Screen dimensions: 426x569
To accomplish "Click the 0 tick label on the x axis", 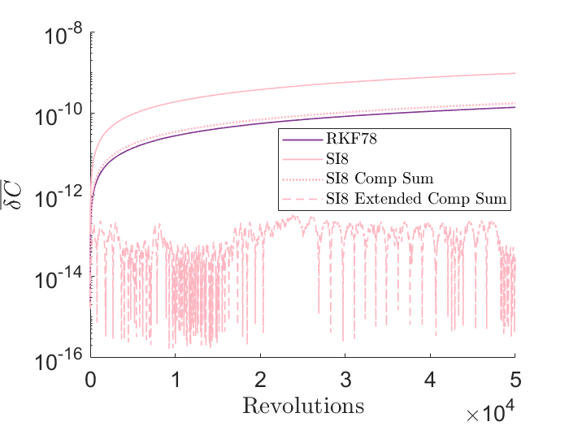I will pyautogui.click(x=90, y=380).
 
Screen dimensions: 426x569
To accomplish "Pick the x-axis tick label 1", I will pyautogui.click(x=176, y=380).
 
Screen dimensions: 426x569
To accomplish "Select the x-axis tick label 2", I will pyautogui.click(x=260, y=380).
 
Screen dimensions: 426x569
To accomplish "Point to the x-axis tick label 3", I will pyautogui.click(x=345, y=380).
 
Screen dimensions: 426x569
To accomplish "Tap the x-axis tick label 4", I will pyautogui.click(x=430, y=380).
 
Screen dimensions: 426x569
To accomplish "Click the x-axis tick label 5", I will pyautogui.click(x=515, y=380).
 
